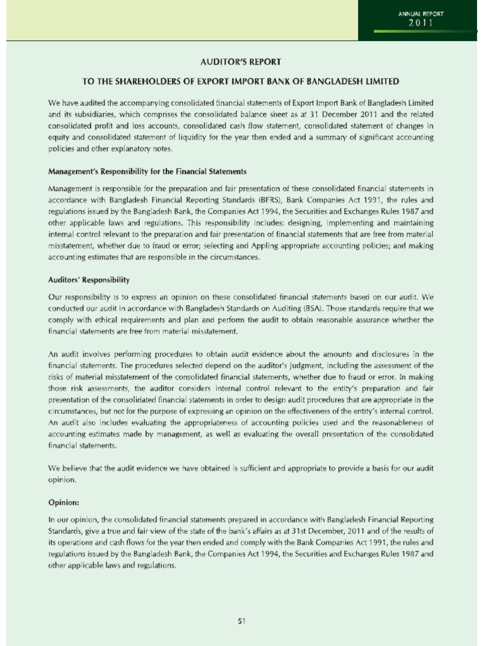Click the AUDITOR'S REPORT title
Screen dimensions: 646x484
(242, 62)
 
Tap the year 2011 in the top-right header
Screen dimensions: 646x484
(419, 23)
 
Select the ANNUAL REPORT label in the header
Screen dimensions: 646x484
(420, 13)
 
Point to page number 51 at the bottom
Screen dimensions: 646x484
(241, 621)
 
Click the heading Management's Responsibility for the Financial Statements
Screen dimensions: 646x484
(147, 172)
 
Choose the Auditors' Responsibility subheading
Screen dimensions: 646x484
(89, 279)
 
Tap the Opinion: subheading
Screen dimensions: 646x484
(64, 503)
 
